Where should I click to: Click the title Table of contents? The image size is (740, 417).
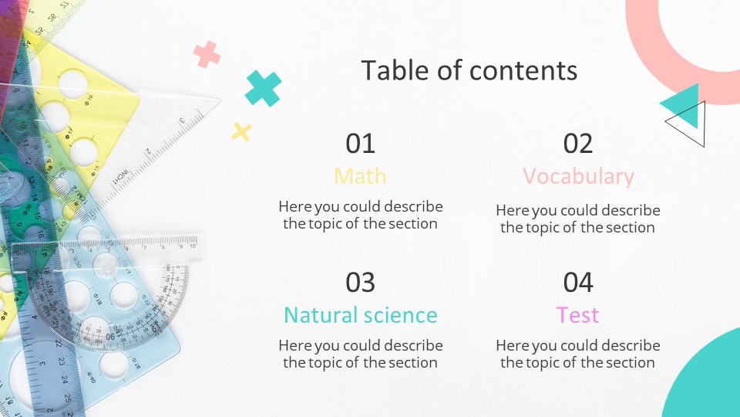(469, 70)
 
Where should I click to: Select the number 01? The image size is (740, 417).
(360, 144)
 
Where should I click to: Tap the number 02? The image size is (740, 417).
(578, 144)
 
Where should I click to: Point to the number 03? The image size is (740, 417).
(360, 283)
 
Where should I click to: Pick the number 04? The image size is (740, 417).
(578, 283)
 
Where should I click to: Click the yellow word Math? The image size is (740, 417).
(360, 176)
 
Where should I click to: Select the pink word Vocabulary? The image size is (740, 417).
(578, 176)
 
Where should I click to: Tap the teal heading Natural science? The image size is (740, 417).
(360, 315)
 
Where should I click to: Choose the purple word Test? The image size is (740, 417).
(578, 315)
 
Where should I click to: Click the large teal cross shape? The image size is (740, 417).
(263, 88)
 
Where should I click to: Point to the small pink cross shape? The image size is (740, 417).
(207, 54)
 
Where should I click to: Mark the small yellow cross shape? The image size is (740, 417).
(241, 132)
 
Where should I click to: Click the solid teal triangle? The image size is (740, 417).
(684, 105)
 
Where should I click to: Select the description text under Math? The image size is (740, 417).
(360, 215)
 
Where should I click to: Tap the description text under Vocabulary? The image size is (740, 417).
(578, 219)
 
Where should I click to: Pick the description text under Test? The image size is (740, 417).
(578, 354)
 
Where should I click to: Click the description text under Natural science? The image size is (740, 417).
(360, 354)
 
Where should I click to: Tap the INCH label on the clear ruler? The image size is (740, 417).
(120, 176)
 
